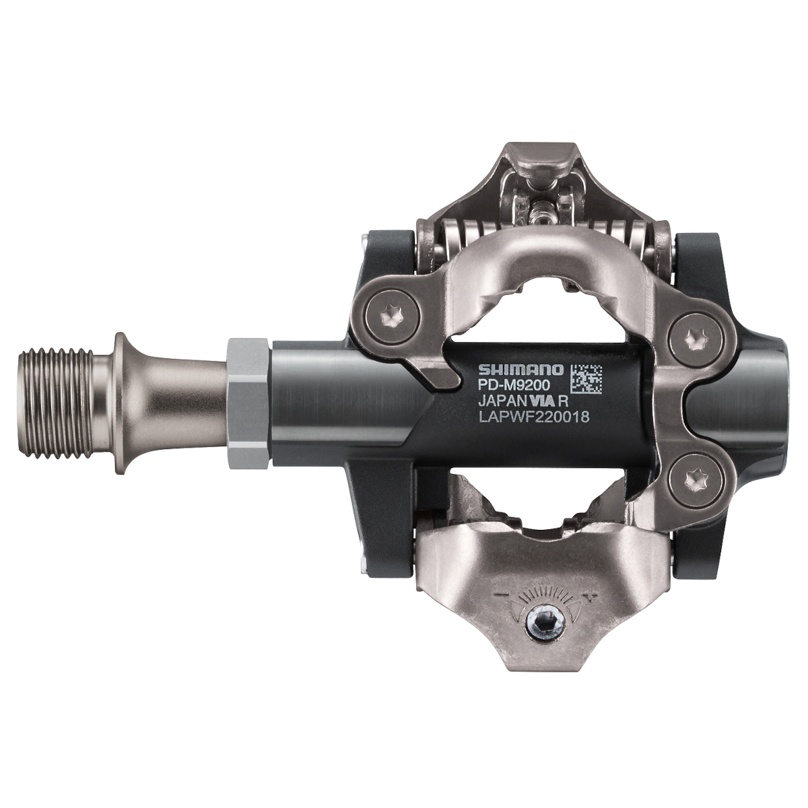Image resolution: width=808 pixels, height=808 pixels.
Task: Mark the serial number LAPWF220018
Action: [x=534, y=417]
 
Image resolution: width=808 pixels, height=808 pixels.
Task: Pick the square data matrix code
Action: [x=586, y=379]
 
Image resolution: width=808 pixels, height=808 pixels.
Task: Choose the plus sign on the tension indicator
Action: [x=591, y=595]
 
